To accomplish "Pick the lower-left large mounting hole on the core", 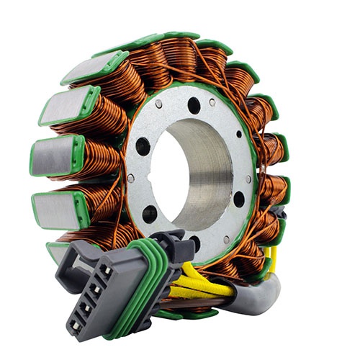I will coord(149,214).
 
